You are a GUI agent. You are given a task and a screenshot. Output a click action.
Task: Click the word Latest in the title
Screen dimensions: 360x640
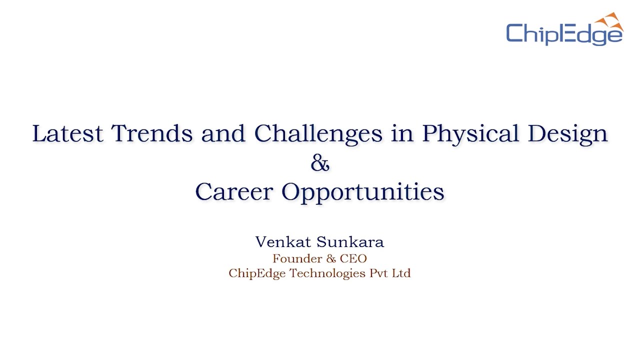point(67,133)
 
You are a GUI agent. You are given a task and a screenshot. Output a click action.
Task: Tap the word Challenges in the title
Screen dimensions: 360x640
point(318,133)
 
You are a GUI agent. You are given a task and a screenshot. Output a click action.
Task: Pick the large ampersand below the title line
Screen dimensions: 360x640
point(320,163)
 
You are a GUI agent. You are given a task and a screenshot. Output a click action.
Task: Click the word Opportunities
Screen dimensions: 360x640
point(363,192)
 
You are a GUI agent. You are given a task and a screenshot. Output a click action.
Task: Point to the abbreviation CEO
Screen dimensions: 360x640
point(353,258)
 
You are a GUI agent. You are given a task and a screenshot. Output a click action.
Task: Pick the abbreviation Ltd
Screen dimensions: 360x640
point(401,273)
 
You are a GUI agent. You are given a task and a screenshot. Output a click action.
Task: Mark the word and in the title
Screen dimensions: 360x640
point(223,133)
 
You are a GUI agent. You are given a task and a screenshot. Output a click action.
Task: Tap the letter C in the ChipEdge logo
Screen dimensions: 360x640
point(515,34)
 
